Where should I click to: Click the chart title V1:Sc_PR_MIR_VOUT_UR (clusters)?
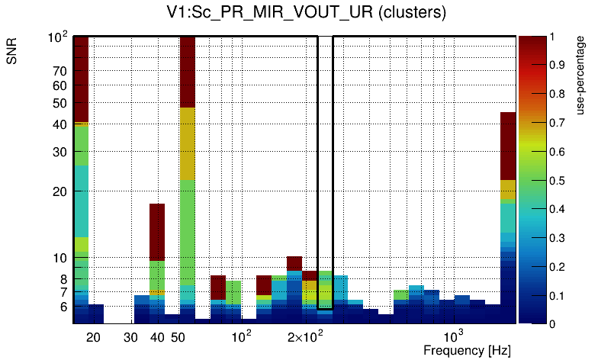(x=306, y=13)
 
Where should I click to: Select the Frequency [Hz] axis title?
(x=466, y=350)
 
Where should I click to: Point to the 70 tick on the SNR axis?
(x=60, y=72)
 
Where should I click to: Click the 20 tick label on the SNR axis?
(x=60, y=192)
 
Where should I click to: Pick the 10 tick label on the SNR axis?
(x=60, y=259)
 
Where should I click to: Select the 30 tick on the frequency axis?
(x=130, y=337)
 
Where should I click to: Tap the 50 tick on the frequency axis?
(x=178, y=337)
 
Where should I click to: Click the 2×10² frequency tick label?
(x=305, y=336)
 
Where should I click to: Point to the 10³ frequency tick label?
(x=454, y=336)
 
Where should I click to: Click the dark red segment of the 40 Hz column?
(x=157, y=232)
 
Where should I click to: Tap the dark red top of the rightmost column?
(x=508, y=145)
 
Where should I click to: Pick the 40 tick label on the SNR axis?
(x=60, y=124)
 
